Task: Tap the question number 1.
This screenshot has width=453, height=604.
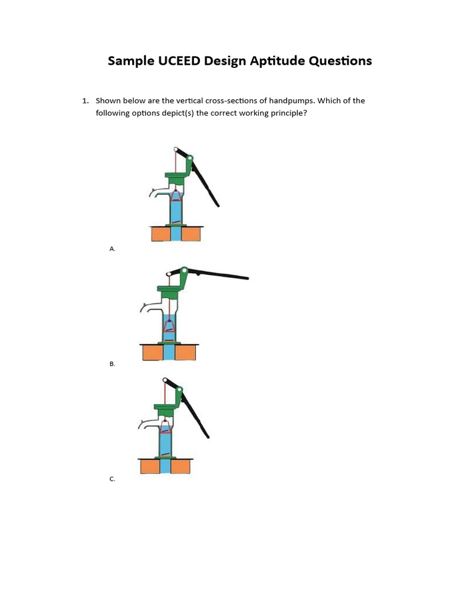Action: pyautogui.click(x=85, y=101)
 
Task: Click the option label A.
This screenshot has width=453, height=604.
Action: pyautogui.click(x=112, y=249)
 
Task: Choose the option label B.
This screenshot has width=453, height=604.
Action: pyautogui.click(x=112, y=364)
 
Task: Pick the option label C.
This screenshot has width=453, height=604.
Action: pyautogui.click(x=112, y=479)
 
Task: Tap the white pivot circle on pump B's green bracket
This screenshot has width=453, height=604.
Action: pyautogui.click(x=184, y=271)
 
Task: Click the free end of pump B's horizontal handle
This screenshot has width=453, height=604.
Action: pyautogui.click(x=246, y=277)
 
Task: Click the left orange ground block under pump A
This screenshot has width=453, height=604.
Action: pyautogui.click(x=160, y=234)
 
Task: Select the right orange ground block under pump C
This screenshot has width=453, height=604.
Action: pyautogui.click(x=181, y=467)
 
